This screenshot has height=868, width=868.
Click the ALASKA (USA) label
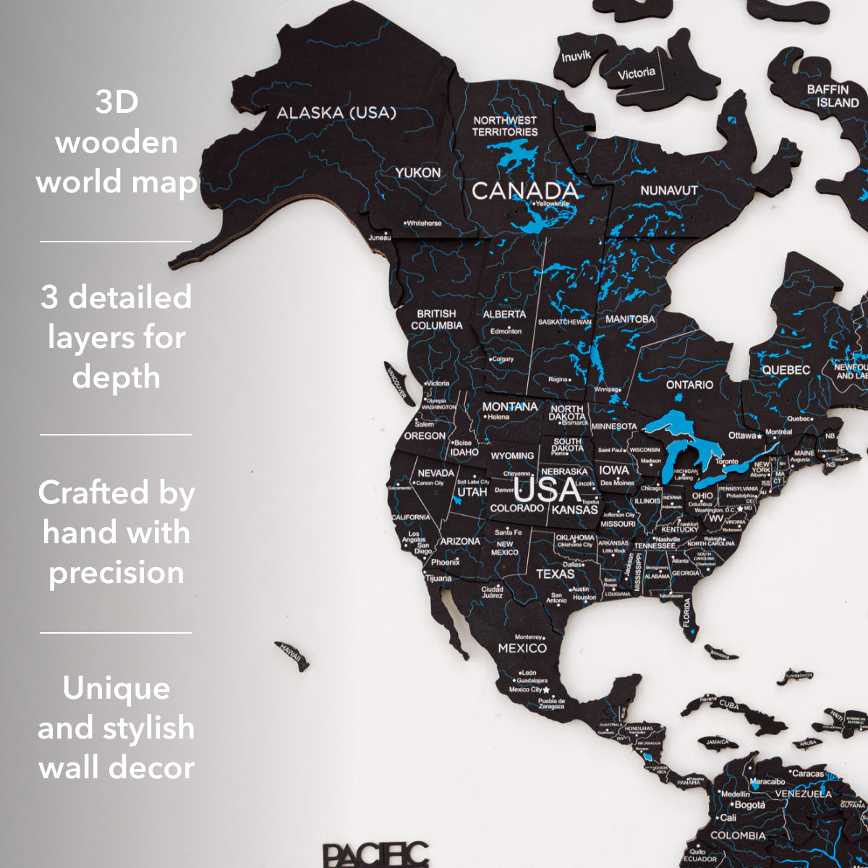coord(336,113)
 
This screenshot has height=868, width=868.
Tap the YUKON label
coord(417,173)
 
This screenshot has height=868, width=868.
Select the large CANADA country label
coord(525,190)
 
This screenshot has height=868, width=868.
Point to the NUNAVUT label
coord(669,190)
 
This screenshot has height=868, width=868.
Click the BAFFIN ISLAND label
coord(833,96)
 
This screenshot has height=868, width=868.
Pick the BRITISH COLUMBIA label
coord(437,319)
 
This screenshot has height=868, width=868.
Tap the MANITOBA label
coord(630,319)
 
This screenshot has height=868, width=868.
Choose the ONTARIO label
coord(689,385)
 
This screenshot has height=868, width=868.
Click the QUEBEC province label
coord(786,370)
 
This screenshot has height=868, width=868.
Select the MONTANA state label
coord(510,407)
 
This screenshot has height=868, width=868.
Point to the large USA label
coord(547,490)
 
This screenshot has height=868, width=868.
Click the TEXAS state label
coord(555,574)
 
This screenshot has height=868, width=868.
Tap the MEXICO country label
coord(522,648)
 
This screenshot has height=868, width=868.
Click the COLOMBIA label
coord(738,835)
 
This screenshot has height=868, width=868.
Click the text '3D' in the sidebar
coord(116,102)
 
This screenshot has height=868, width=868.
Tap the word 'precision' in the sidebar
coord(116,573)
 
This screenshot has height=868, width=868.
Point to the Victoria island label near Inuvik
coord(637,73)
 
